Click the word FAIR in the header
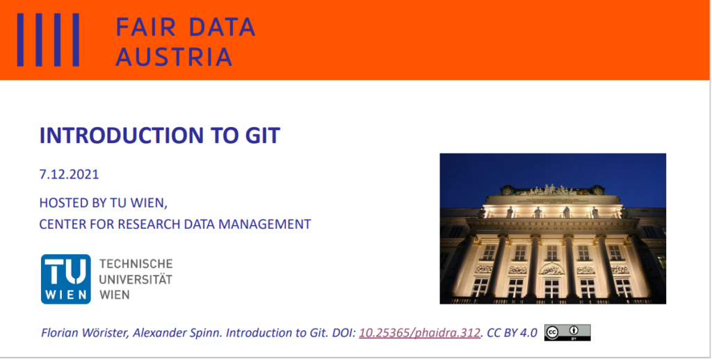146,27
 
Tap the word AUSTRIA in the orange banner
174,57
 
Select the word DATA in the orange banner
222,27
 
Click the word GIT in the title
261,136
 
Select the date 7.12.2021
69,174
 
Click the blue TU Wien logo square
66,279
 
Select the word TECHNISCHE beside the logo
136,264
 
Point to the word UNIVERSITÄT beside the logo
136,279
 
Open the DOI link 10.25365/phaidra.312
419,333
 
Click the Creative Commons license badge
567,332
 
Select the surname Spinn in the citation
209,333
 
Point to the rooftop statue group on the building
552,189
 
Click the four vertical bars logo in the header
48,40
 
